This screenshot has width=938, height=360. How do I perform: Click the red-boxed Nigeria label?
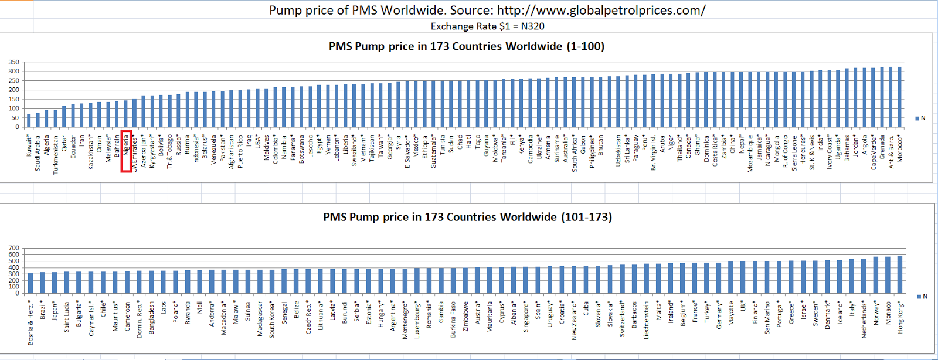tap(125, 151)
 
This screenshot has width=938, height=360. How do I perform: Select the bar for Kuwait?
tap(29, 121)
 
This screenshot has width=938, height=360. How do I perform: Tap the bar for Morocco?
tap(900, 97)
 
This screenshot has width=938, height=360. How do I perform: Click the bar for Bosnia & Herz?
tap(30, 283)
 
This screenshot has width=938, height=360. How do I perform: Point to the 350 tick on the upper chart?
tap(14, 62)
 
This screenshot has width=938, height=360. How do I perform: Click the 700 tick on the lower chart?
tap(14, 248)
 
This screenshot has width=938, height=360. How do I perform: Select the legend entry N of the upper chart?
tap(920, 118)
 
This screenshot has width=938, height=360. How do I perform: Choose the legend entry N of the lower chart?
tap(922, 297)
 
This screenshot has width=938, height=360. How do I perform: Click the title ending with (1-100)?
tap(466, 46)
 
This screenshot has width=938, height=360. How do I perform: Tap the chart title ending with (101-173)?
tap(467, 217)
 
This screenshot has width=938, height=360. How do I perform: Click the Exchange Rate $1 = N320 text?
tap(487, 26)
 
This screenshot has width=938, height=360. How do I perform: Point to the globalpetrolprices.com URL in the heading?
tap(601, 10)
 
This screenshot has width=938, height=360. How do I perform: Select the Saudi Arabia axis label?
tap(38, 153)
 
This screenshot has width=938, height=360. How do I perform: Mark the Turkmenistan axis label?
tap(56, 155)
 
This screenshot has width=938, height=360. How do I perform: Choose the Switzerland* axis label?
tap(622, 320)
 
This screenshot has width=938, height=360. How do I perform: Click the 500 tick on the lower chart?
tap(14, 261)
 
